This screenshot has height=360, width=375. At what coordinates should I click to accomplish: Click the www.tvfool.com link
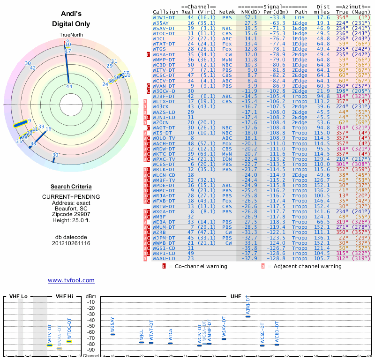[x=71, y=280]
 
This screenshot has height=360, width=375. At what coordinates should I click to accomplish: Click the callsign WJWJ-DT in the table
[x=165, y=17]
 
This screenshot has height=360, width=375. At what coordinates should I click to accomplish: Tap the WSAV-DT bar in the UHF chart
[x=224, y=339]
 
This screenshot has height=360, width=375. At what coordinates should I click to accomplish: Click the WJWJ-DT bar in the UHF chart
[x=248, y=316]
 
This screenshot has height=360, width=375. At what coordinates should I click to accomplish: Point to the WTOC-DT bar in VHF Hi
[x=69, y=341]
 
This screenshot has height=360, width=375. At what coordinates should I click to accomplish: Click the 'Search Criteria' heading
[x=71, y=187]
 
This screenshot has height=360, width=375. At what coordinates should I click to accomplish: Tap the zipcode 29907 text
[x=71, y=213]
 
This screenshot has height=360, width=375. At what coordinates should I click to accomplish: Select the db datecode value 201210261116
[x=71, y=243]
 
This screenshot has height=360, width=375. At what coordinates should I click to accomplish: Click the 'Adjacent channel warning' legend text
[x=305, y=266]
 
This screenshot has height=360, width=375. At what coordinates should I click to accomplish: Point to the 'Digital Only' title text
[x=71, y=23]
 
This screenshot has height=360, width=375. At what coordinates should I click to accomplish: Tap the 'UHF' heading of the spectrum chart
[x=235, y=297]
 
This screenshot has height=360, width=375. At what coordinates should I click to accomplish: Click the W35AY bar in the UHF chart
[x=112, y=334]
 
